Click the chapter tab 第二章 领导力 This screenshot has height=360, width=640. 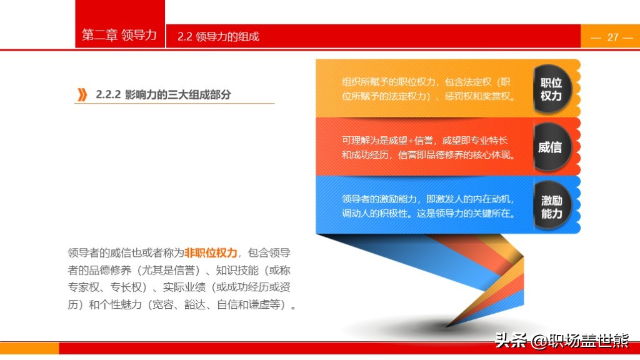119,35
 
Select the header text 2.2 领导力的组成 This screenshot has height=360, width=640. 218,37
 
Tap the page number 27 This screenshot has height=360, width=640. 612,37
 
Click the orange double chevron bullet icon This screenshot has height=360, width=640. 82,95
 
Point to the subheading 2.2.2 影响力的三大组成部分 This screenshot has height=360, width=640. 163,95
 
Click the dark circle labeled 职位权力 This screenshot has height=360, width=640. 552,89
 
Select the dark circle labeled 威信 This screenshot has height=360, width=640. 552,147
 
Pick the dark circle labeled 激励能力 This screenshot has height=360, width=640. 552,205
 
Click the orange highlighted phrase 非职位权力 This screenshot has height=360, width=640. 211,252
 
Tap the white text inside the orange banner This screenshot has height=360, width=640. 428,89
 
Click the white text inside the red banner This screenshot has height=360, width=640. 428,147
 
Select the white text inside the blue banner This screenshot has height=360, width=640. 428,206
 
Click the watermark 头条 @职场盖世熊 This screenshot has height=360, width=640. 562,340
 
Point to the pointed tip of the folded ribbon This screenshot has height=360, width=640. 446,326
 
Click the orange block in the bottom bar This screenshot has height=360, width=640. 29,347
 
